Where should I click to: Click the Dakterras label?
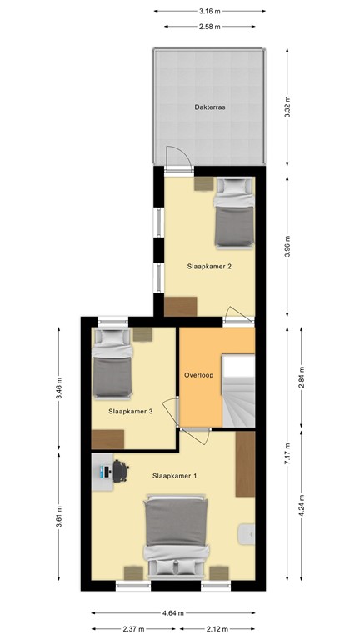tap(210, 107)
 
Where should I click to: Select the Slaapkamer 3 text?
tap(130, 411)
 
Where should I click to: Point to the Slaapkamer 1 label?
tap(175, 476)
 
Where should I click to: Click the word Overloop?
tap(199, 376)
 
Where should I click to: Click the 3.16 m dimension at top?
tap(210, 11)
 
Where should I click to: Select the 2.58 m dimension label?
tap(210, 27)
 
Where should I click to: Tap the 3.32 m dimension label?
tap(288, 107)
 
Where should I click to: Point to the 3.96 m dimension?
tap(288, 246)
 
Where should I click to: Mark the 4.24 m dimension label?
tap(302, 506)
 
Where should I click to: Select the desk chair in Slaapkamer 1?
tap(120, 471)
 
